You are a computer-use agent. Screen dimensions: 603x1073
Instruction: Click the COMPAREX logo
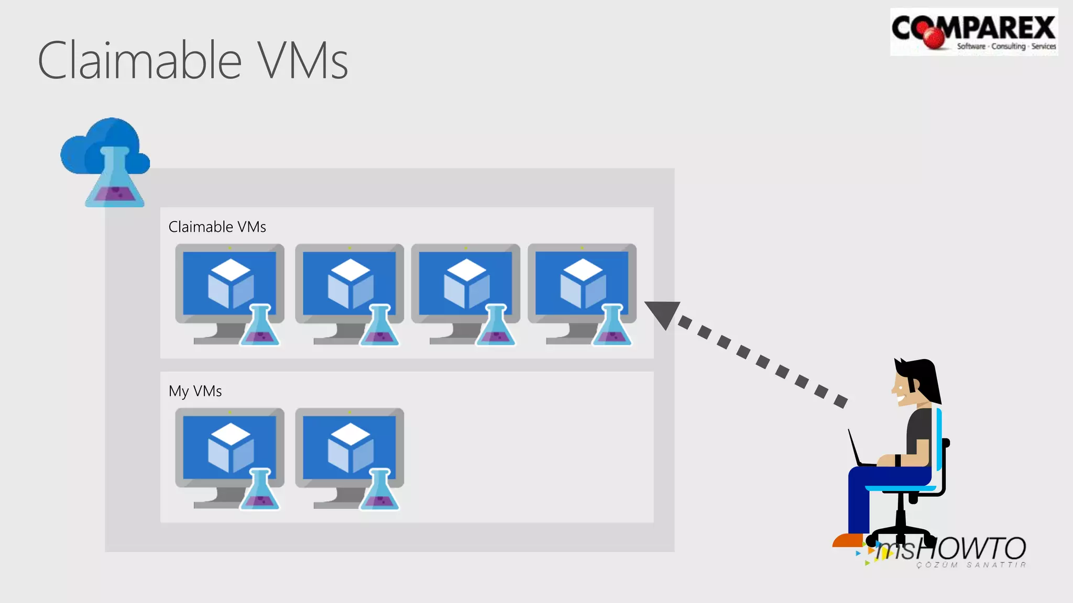[x=973, y=31]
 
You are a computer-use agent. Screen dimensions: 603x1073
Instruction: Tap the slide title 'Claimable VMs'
[x=193, y=61]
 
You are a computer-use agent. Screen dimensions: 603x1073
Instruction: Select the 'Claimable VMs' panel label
[x=217, y=227]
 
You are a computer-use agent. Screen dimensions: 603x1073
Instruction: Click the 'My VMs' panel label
[x=195, y=391]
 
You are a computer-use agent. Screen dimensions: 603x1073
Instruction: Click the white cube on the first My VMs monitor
[x=231, y=448]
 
